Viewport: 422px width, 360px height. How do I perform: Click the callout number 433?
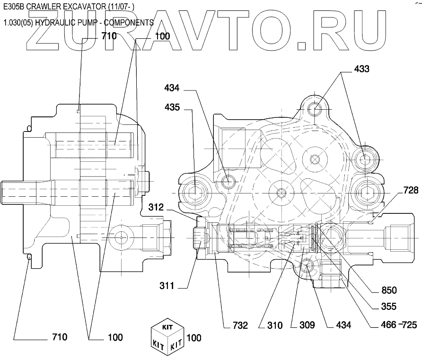pyautogui.click(x=361, y=69)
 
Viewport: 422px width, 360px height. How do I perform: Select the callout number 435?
pyautogui.click(x=172, y=107)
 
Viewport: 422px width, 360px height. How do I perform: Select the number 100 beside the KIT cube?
pyautogui.click(x=193, y=338)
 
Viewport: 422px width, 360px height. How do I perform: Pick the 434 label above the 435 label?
pyautogui.click(x=172, y=88)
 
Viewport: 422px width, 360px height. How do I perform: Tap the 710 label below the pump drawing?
pyautogui.click(x=59, y=337)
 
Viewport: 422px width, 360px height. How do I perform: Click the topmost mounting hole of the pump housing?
pyautogui.click(x=316, y=110)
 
